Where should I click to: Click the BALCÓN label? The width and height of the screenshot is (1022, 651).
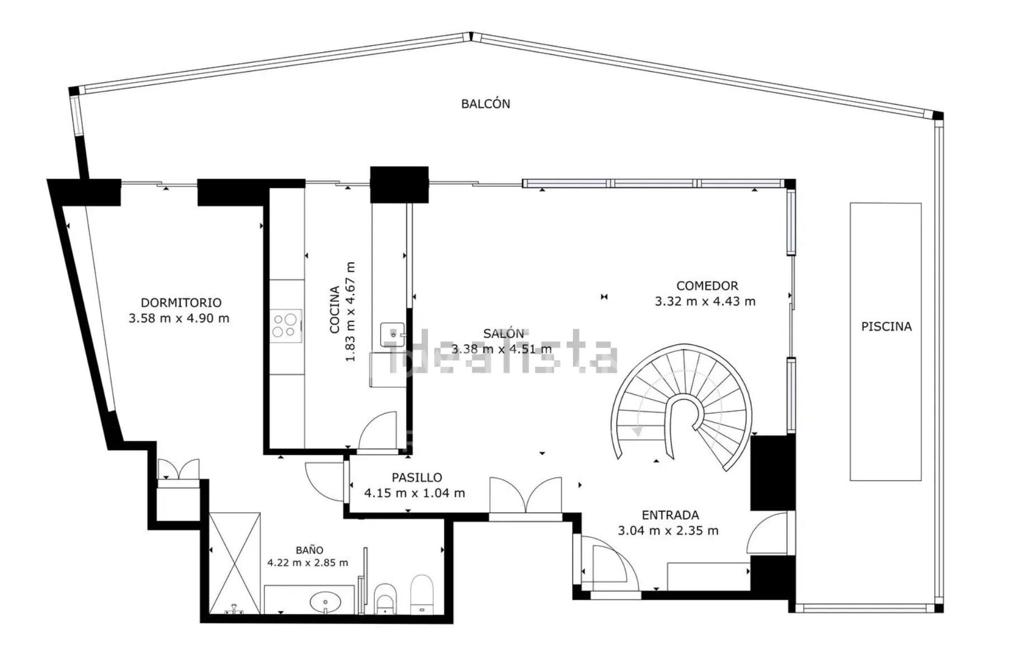tap(485, 104)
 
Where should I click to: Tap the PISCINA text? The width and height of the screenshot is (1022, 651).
tap(886, 326)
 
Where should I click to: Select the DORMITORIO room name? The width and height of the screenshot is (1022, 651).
tap(181, 303)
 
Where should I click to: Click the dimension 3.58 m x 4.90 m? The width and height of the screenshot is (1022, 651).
tap(178, 319)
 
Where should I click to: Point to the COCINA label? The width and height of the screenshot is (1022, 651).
tap(335, 310)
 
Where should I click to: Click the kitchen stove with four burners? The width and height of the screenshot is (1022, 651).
tap(285, 325)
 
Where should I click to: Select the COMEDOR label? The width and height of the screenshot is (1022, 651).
tap(707, 286)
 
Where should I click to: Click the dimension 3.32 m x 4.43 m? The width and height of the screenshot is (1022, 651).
tap(705, 302)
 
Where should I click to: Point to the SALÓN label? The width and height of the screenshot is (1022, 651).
tap(503, 334)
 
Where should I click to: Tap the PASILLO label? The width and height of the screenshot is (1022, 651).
tap(416, 477)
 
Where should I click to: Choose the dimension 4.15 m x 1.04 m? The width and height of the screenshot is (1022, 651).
tap(414, 493)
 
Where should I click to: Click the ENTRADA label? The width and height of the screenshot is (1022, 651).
tap(670, 515)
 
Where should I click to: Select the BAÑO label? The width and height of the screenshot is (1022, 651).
tap(309, 550)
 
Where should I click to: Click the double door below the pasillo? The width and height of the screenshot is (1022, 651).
tap(525, 496)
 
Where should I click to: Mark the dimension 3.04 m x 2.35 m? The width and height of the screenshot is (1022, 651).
tap(668, 531)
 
